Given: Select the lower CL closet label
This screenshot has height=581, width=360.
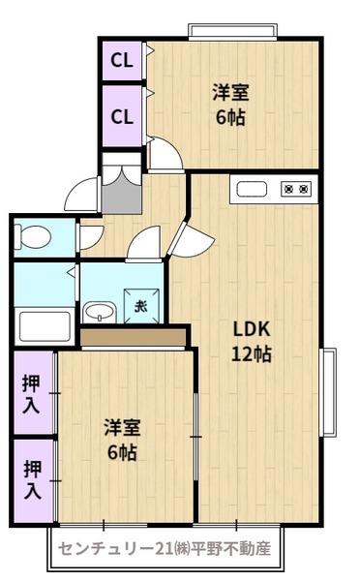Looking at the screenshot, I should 120,117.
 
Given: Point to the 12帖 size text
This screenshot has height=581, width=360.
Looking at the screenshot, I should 250,353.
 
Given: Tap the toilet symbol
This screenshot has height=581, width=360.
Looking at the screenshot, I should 33,236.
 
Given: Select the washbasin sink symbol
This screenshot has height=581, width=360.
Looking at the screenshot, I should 98,311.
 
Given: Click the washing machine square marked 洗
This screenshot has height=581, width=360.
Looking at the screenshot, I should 142,307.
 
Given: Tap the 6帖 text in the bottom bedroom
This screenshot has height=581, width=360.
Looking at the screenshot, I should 122,451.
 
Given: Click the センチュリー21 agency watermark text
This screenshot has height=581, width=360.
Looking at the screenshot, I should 165,548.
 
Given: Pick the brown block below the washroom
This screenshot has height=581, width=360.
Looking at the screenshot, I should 133,338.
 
